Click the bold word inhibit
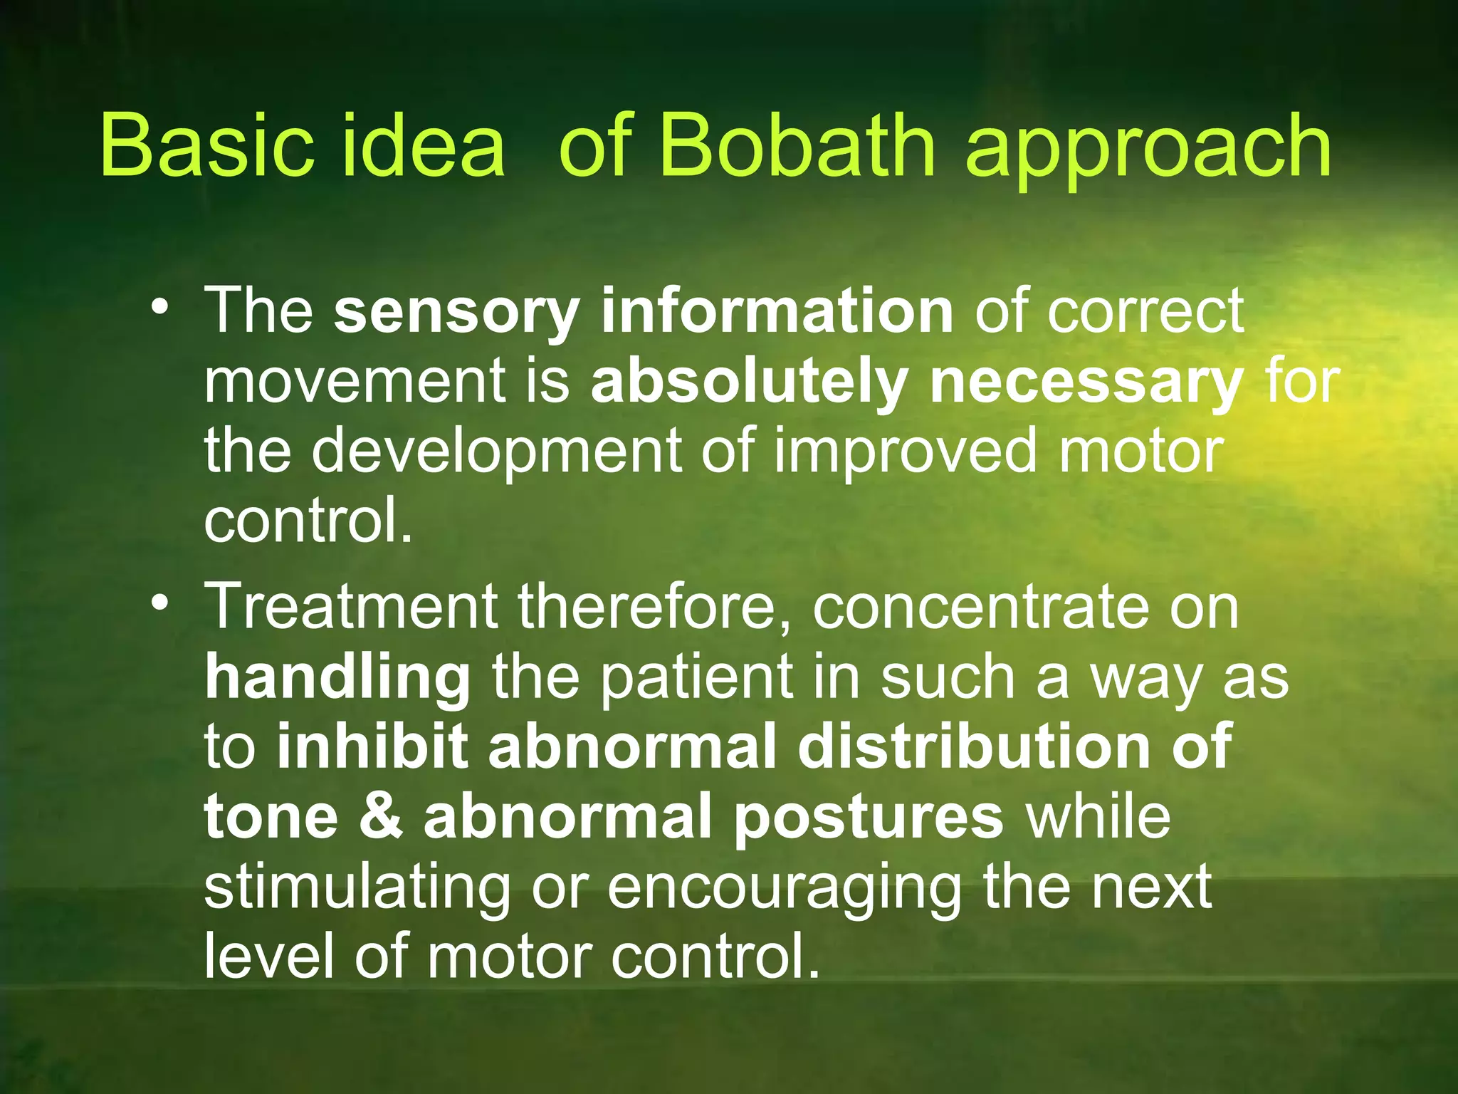click(x=372, y=746)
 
